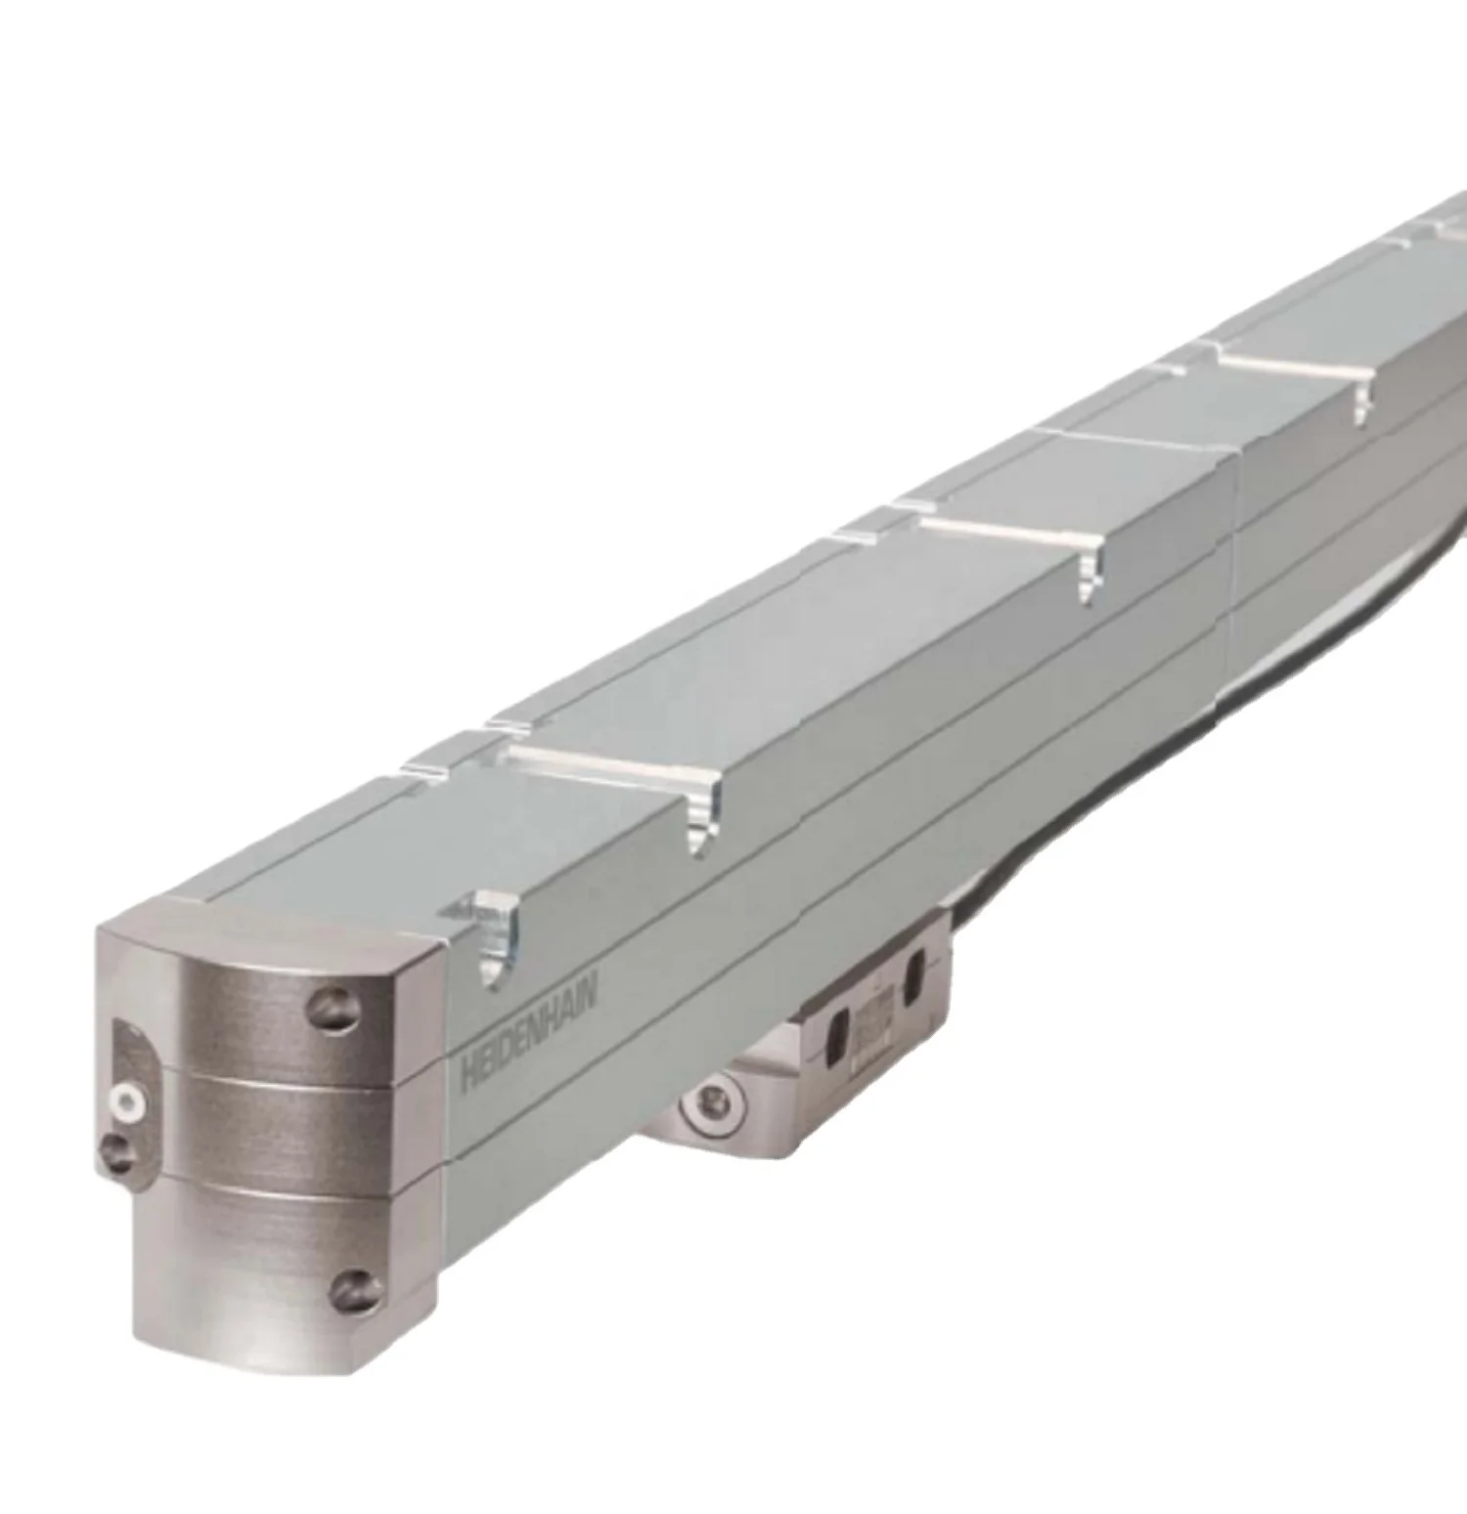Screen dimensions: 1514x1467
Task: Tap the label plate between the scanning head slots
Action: coord(873,1017)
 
